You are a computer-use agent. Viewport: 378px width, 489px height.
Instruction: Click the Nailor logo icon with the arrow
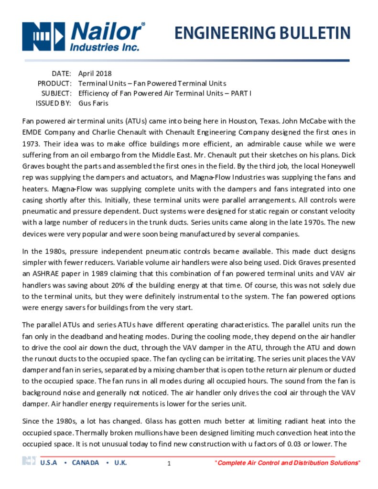pyautogui.click(x=43, y=36)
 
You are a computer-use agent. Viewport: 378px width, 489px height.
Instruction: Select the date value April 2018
pyautogui.click(x=95, y=74)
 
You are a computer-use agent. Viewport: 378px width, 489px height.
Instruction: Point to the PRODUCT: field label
pyautogui.click(x=55, y=84)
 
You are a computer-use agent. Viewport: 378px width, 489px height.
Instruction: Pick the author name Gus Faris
pyautogui.click(x=93, y=103)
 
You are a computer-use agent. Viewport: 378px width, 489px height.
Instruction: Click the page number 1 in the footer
pyautogui.click(x=169, y=464)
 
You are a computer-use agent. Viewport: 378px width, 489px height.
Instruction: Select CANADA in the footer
pyautogui.click(x=86, y=463)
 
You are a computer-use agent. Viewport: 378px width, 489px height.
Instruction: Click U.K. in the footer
pyautogui.click(x=120, y=463)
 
